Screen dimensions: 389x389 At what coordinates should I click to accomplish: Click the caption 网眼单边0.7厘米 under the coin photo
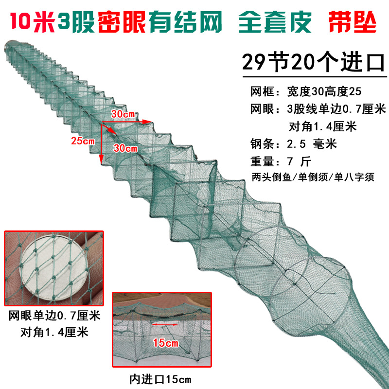[x=54, y=317]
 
